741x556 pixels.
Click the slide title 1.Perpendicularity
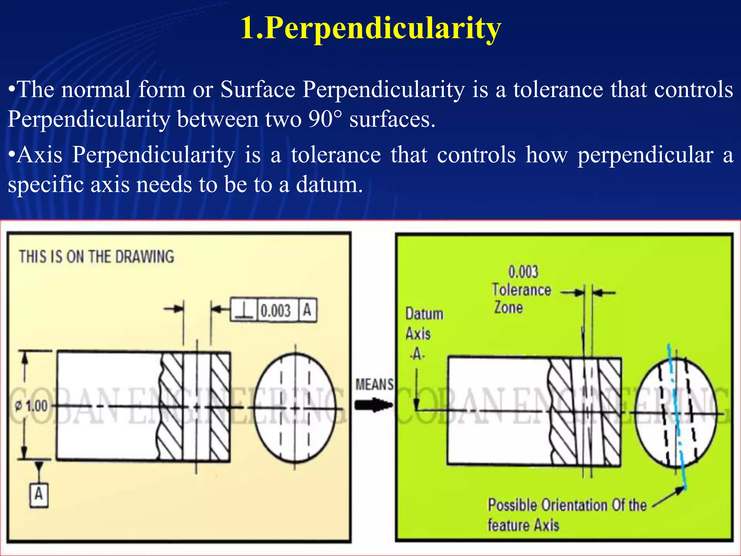370,28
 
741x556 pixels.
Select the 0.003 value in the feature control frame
276,311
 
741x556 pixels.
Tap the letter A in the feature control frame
307,310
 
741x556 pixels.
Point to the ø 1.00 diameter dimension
31,406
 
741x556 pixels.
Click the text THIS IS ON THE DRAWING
97,257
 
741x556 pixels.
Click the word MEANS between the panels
374,384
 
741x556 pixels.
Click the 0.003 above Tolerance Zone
523,271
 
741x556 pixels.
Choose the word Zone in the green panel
508,307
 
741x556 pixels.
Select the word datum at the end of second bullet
329,184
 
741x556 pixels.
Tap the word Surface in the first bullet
258,89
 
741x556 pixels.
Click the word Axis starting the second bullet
40,155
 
